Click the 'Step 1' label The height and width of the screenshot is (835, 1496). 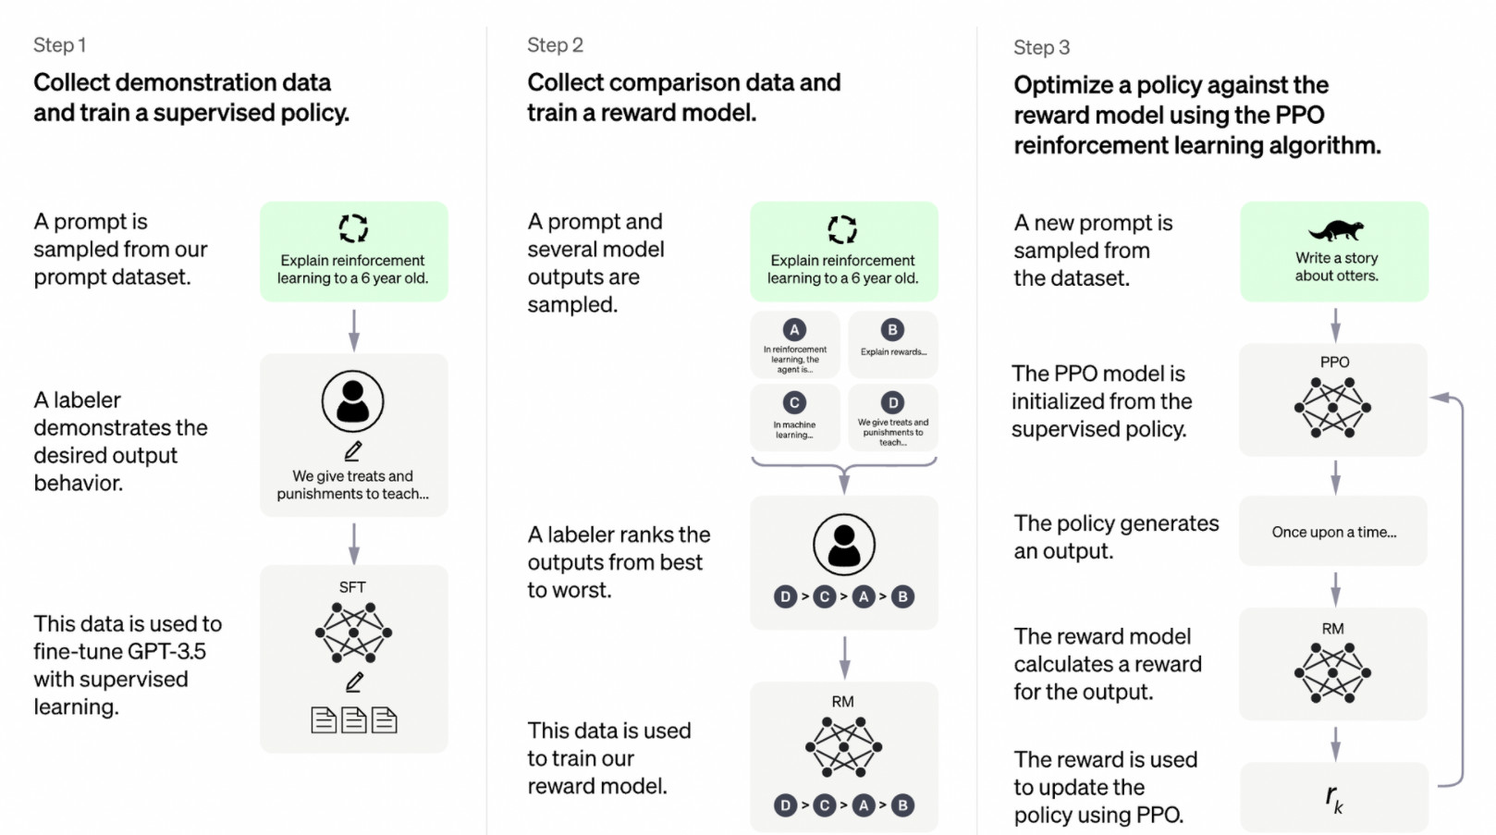(x=59, y=44)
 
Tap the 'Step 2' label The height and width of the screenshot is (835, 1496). (x=555, y=44)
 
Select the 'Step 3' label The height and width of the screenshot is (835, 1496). (x=1041, y=47)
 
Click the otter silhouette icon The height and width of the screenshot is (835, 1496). (x=1335, y=230)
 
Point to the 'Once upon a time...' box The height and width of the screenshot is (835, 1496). (x=1333, y=531)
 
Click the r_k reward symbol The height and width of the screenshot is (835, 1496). (x=1333, y=798)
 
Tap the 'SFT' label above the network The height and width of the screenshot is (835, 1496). (x=352, y=587)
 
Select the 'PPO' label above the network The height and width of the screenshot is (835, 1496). (x=1334, y=362)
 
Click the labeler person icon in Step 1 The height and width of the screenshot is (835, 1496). (x=352, y=401)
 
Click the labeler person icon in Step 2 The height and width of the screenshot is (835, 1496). (x=844, y=545)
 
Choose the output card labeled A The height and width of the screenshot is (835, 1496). (x=795, y=345)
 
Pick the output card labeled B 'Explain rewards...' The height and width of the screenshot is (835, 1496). (x=893, y=345)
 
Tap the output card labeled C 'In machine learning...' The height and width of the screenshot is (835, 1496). (x=795, y=418)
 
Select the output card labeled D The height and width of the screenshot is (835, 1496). (x=893, y=418)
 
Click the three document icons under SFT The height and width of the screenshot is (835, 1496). (x=354, y=720)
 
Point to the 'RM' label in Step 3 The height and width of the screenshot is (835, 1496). (x=1332, y=629)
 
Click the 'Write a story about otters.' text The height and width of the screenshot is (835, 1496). (x=1336, y=266)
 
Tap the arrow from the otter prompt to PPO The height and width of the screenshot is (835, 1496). (x=1335, y=325)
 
